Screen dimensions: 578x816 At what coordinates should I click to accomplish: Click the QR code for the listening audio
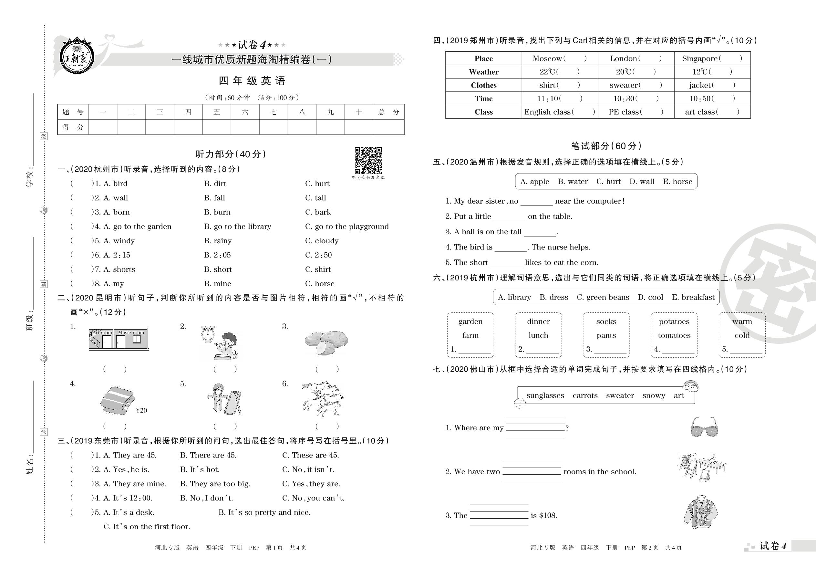coord(368,161)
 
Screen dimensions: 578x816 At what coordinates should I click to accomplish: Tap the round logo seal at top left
coord(77,57)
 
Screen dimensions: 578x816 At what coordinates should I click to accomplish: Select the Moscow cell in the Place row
coord(560,59)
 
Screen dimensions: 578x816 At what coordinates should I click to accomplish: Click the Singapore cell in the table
coord(712,59)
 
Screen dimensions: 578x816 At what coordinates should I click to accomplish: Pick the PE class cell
coord(636,112)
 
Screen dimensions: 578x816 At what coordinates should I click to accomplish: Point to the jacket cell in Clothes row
coord(712,85)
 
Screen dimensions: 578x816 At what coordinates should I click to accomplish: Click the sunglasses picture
coord(704,427)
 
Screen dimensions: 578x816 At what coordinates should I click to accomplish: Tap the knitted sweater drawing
coord(700,512)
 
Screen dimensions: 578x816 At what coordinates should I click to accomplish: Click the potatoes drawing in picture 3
coord(326,342)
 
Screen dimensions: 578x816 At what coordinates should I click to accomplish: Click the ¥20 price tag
coord(141,411)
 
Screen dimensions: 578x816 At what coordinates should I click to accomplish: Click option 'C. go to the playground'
coord(347,227)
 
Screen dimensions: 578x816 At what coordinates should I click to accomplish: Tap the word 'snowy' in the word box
coord(654,396)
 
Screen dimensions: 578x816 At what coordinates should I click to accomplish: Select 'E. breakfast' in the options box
coord(693,298)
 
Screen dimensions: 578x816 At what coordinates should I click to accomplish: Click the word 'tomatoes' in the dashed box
coord(674,336)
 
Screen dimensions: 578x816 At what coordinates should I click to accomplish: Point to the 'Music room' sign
coord(131,332)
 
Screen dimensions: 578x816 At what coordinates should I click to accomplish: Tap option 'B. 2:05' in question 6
coord(217,255)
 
